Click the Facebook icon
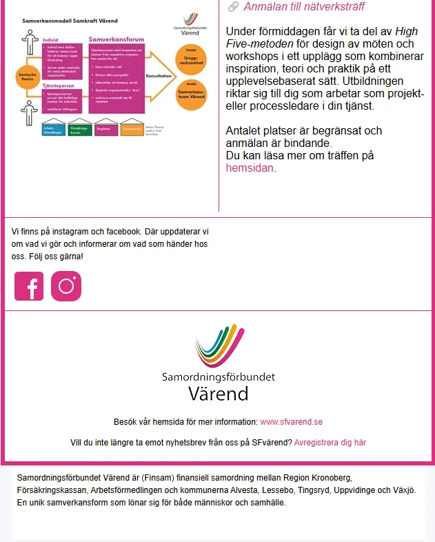pyautogui.click(x=29, y=286)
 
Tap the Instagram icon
pyautogui.click(x=66, y=286)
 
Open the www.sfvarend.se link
pyautogui.click(x=292, y=422)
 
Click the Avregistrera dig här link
pyautogui.click(x=330, y=443)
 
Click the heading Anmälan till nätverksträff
pyautogui.click(x=304, y=7)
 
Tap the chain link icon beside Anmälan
pyautogui.click(x=233, y=7)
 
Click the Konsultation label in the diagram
pyautogui.click(x=159, y=76)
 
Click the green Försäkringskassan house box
pyautogui.click(x=78, y=128)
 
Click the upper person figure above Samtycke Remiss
pyautogui.click(x=28, y=43)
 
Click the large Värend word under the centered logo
pyautogui.click(x=218, y=393)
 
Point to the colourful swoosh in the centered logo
pyautogui.click(x=219, y=349)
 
